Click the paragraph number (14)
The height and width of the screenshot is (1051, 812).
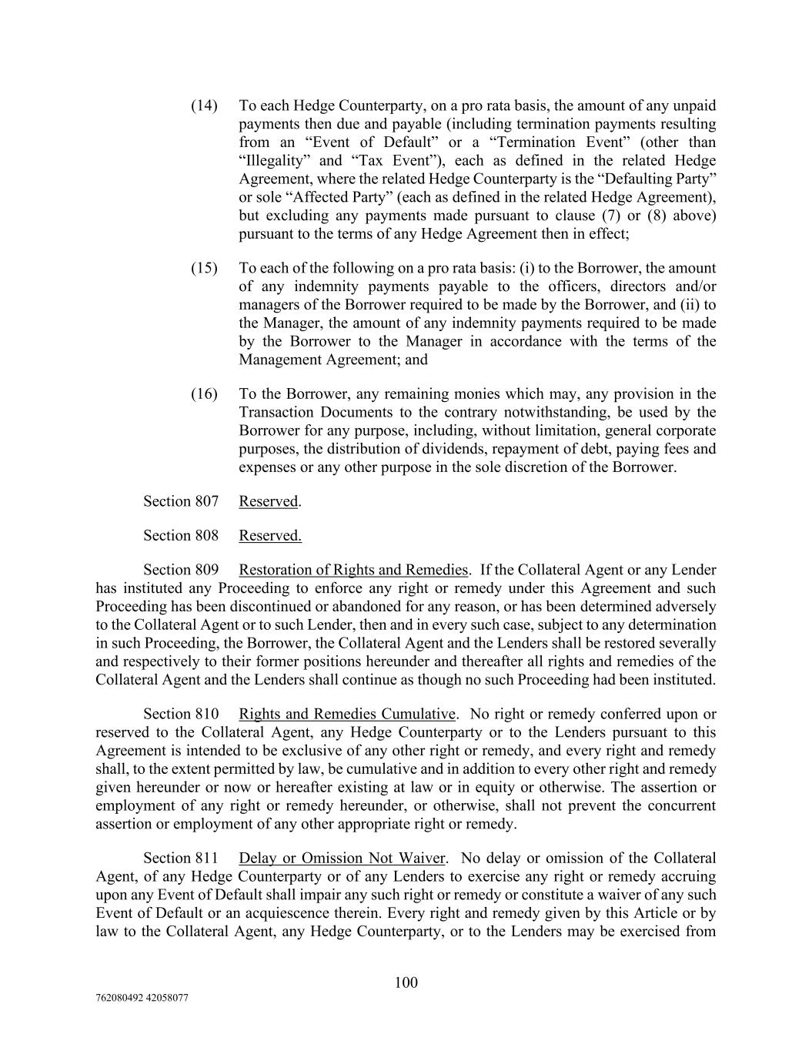[204, 105]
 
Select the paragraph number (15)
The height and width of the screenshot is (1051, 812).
[204, 269]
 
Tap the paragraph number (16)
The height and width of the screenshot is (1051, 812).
[204, 394]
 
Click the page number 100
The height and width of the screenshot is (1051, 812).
[406, 982]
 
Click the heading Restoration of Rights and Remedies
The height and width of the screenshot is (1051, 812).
[353, 571]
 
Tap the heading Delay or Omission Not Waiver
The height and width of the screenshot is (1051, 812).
[342, 859]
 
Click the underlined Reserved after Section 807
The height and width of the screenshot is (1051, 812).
[268, 501]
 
